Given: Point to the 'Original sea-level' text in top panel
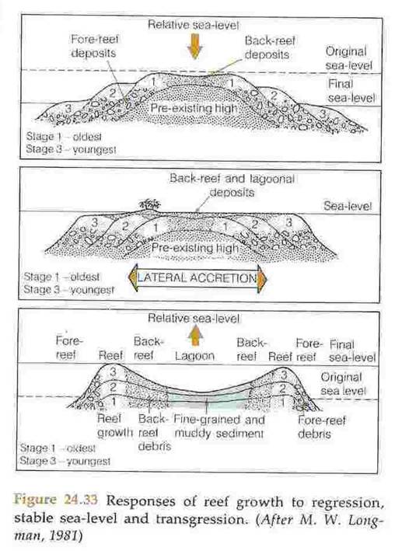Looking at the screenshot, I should pos(350,58).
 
